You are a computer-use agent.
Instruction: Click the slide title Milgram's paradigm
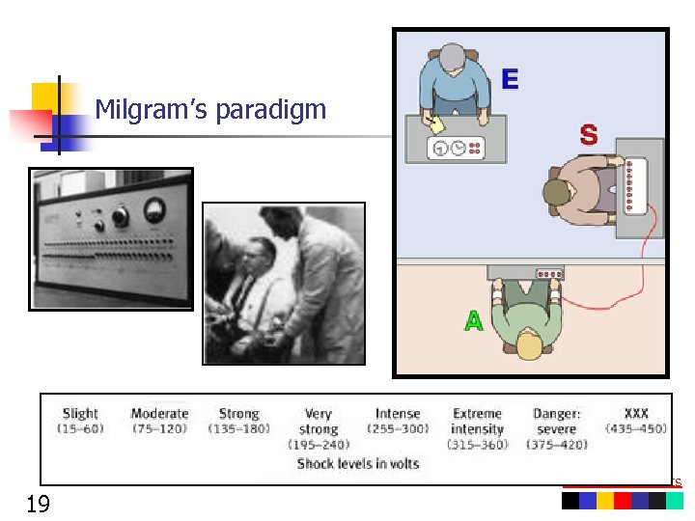[210, 110]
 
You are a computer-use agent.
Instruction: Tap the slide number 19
[39, 503]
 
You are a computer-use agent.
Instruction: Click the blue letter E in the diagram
[510, 79]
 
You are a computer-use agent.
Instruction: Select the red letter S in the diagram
[588, 136]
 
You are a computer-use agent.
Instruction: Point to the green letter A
[473, 321]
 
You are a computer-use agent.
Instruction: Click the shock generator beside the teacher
[634, 186]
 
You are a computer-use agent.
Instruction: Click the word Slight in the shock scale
[80, 414]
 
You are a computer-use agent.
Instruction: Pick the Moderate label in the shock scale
[159, 414]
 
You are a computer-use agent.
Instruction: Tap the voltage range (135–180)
[238, 428]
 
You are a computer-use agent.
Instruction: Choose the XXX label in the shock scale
[635, 414]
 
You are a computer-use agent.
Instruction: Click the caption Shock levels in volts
[358, 464]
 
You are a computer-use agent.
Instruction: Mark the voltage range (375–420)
[557, 444]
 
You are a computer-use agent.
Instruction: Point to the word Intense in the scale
[398, 414]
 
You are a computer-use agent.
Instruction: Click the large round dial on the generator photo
[152, 209]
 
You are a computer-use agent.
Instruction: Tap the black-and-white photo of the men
[284, 284]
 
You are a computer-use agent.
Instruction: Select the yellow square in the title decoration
[45, 96]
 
